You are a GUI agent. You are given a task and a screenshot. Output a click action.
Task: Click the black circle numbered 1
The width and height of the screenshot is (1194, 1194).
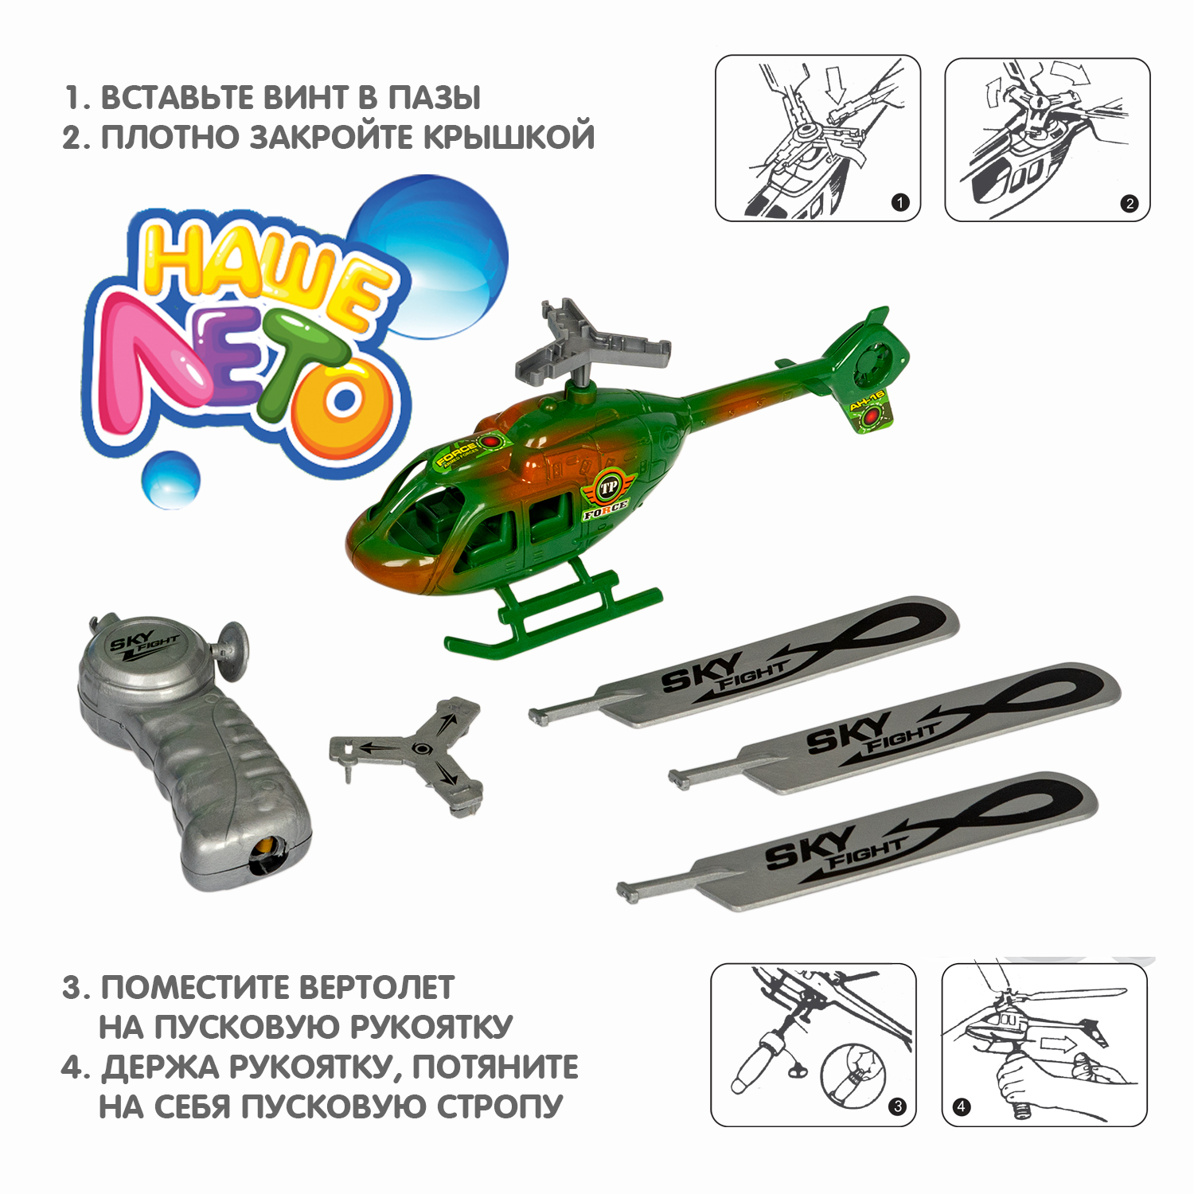coord(899,202)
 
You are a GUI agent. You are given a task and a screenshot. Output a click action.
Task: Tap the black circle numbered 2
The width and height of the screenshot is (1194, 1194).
coord(1129,203)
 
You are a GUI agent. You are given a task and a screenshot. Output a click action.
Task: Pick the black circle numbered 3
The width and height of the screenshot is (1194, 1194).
coord(897,1106)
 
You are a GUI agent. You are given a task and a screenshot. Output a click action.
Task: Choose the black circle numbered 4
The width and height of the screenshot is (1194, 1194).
coord(962,1106)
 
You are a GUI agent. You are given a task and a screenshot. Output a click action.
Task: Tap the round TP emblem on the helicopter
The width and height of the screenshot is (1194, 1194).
coord(609,487)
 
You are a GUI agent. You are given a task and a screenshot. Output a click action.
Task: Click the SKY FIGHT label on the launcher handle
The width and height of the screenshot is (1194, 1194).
coord(144,641)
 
